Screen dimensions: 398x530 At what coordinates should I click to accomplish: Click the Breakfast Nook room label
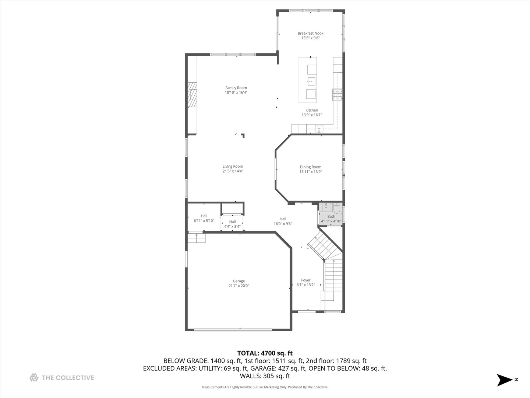pyautogui.click(x=310, y=33)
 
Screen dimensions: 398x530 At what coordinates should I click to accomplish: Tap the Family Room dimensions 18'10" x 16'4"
pyautogui.click(x=236, y=92)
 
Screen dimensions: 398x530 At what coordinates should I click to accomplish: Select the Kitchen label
pyautogui.click(x=311, y=110)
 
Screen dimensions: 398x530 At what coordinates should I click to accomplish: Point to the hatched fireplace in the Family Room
pyautogui.click(x=192, y=95)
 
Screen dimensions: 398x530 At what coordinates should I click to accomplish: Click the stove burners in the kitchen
pyautogui.click(x=337, y=95)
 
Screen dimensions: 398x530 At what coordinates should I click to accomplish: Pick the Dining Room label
pyautogui.click(x=310, y=167)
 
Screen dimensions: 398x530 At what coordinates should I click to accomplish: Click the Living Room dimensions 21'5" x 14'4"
pyautogui.click(x=233, y=171)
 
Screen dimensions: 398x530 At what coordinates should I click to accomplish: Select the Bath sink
pyautogui.click(x=326, y=207)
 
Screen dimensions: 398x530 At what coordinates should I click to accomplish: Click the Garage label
pyautogui.click(x=239, y=281)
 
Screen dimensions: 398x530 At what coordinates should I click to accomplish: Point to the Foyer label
pyautogui.click(x=305, y=280)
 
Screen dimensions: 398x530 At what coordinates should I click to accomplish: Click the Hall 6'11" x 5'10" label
pyautogui.click(x=204, y=216)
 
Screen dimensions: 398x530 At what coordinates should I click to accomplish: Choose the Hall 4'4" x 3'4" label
pyautogui.click(x=232, y=222)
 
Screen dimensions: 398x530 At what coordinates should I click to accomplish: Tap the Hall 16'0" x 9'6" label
pyautogui.click(x=283, y=219)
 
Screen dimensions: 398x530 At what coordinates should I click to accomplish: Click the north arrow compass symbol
pyautogui.click(x=505, y=380)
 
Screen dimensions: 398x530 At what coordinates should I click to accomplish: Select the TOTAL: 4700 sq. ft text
pyautogui.click(x=265, y=353)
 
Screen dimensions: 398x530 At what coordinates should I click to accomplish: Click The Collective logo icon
pyautogui.click(x=34, y=378)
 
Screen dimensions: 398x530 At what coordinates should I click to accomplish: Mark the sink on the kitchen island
pyautogui.click(x=311, y=81)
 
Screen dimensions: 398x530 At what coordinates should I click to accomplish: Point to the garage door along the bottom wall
pyautogui.click(x=233, y=329)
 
